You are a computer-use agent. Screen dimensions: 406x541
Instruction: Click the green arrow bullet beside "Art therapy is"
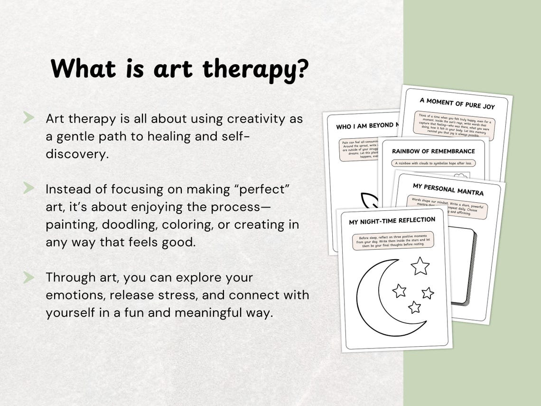28,118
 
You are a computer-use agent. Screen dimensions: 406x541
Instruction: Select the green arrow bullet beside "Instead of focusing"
28,189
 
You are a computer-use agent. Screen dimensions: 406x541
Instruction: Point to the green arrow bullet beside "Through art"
28,277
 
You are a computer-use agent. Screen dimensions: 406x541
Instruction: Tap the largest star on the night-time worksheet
420,266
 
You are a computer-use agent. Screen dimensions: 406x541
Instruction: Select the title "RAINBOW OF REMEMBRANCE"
433,151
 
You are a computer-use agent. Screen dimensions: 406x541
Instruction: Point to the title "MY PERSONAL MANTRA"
448,189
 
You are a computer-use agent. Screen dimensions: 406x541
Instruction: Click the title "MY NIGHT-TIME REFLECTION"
392,221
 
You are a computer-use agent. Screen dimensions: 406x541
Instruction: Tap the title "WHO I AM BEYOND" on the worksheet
364,126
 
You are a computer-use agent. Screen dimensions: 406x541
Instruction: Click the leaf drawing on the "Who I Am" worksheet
368,201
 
